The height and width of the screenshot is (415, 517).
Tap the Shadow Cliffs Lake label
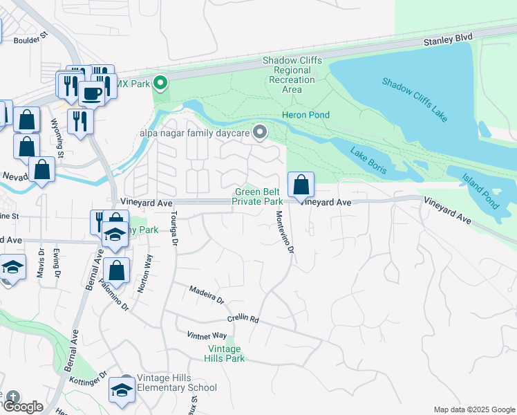[x=415, y=100]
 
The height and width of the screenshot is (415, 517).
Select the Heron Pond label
[x=305, y=115]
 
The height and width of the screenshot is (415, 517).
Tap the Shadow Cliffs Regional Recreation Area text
[x=292, y=75]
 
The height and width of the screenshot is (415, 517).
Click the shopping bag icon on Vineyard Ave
[x=301, y=185]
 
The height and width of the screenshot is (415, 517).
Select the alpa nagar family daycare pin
[x=260, y=131]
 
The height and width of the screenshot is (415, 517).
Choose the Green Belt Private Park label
[x=259, y=196]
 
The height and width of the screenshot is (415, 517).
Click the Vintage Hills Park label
[x=225, y=353]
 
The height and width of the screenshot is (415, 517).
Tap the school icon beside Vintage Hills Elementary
[x=122, y=390]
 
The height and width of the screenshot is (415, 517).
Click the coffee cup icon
[x=91, y=93]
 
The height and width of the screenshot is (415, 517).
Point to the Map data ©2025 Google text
[x=473, y=409]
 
